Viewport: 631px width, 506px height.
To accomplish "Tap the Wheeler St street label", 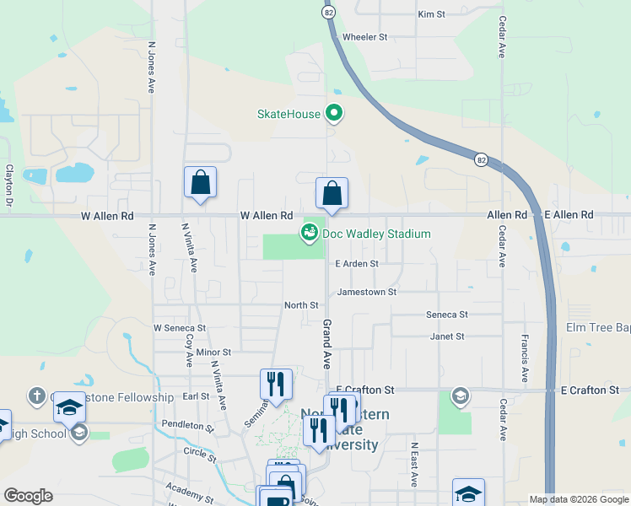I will tap(364, 37).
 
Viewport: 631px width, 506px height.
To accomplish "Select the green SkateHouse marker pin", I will tap(334, 112).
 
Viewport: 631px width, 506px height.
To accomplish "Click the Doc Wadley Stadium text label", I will tap(376, 234).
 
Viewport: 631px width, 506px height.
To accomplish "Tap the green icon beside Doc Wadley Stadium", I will tap(310, 232).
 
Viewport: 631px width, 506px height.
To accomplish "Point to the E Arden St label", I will tap(357, 263).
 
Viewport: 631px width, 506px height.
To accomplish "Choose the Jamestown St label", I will tap(366, 292).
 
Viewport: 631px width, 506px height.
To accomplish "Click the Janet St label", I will tap(447, 336).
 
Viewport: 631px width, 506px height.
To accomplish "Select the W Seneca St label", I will tap(180, 327).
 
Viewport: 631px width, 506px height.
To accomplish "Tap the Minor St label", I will tap(213, 351).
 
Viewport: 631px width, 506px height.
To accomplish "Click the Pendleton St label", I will tap(189, 426).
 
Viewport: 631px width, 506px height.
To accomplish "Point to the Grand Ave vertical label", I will tap(326, 343).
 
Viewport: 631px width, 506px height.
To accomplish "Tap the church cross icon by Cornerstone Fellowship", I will tap(36, 395).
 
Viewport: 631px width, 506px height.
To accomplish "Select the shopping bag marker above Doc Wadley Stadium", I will tap(332, 193).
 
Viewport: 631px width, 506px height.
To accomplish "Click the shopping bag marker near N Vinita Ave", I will tap(200, 182).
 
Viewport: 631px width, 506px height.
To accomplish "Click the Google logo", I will tap(28, 496).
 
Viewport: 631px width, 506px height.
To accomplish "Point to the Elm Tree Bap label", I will tap(597, 326).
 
